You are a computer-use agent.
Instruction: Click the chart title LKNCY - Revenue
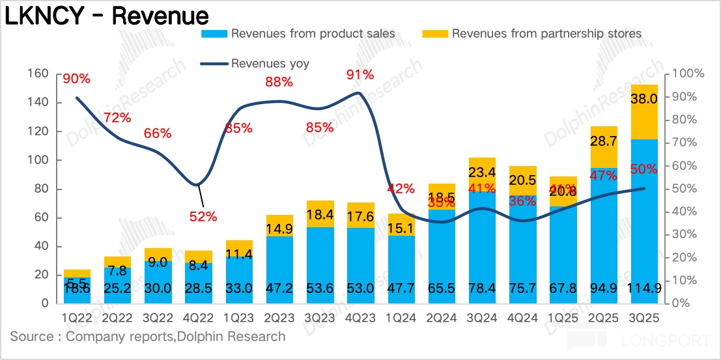pyautogui.click(x=107, y=16)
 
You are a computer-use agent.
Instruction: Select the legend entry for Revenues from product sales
pyautogui.click(x=313, y=33)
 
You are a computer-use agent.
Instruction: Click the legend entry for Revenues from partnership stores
pyautogui.click(x=546, y=33)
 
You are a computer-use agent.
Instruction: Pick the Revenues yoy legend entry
pyautogui.click(x=270, y=63)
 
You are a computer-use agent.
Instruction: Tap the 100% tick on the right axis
pyautogui.click(x=688, y=74)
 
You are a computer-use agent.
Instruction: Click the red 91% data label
pyautogui.click(x=360, y=75)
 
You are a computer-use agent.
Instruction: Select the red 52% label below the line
pyautogui.click(x=203, y=217)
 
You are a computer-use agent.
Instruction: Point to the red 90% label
pyautogui.click(x=76, y=79)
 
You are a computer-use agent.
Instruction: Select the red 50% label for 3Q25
pyautogui.click(x=643, y=169)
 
